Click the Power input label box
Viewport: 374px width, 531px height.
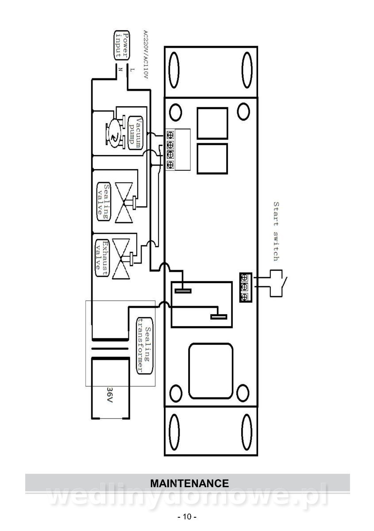pos(122,45)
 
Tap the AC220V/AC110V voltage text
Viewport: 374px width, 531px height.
pos(146,54)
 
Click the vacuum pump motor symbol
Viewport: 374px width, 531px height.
pos(115,133)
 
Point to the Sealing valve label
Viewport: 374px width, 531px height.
pos(104,202)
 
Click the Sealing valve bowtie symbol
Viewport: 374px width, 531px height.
pos(124,203)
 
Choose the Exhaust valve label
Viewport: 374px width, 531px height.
pos(102,258)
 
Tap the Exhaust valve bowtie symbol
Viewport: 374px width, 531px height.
pos(121,258)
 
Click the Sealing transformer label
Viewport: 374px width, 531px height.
pos(144,346)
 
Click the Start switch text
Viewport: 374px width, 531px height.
pos(276,231)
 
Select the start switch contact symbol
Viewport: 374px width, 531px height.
pos(278,283)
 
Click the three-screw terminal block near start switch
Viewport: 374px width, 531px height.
pos(246,287)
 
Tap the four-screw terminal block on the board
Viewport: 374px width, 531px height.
pos(170,150)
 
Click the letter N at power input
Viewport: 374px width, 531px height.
pos(120,69)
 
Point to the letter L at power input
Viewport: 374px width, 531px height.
pos(132,70)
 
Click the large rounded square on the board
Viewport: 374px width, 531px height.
pos(211,371)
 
